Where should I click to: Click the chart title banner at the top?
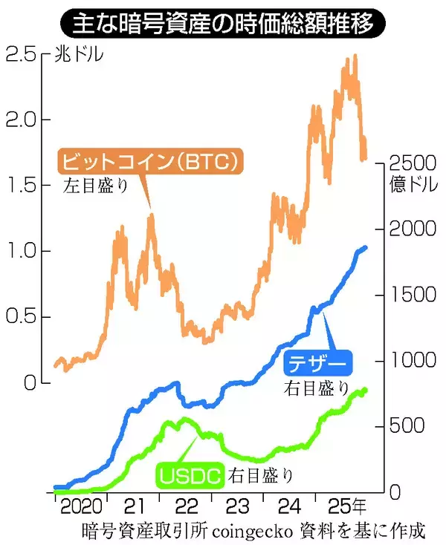click(222, 24)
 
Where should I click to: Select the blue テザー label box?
click(319, 364)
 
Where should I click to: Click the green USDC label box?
click(190, 474)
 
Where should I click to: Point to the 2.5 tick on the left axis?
click(23, 54)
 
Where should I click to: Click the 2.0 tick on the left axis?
click(23, 120)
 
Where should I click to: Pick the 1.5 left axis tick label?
click(23, 185)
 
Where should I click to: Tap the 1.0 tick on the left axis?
click(23, 251)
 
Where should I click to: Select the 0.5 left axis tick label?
click(23, 317)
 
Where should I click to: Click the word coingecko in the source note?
click(254, 532)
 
